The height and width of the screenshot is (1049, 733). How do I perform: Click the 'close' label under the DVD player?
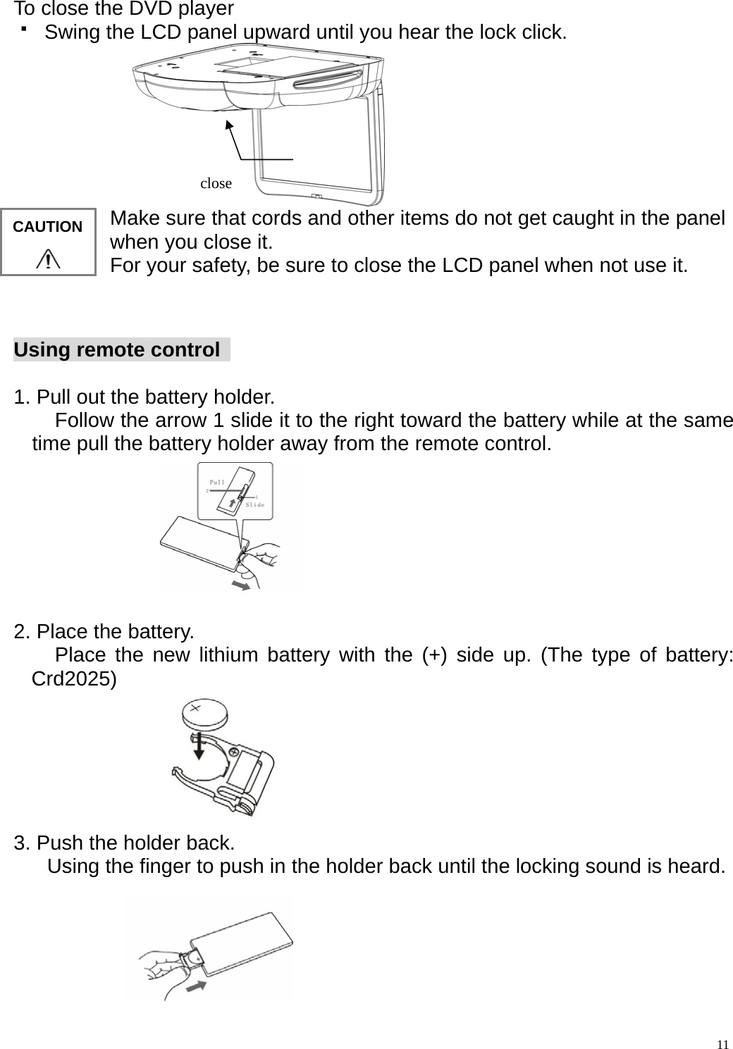pos(216,183)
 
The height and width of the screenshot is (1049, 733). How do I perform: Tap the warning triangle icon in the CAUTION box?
pos(48,259)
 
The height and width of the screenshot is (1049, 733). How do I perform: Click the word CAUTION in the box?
pos(48,227)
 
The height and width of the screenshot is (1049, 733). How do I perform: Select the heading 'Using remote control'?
pos(117,350)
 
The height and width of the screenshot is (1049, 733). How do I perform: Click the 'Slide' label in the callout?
pos(254,504)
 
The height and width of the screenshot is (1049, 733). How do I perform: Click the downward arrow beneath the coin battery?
pos(199,746)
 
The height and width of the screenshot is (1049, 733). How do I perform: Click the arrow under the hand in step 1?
pos(241,586)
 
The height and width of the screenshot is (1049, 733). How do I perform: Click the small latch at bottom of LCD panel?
pos(316,197)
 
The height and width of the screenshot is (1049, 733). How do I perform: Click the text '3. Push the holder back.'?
pos(125,843)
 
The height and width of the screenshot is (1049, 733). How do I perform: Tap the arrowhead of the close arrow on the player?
pos(228,124)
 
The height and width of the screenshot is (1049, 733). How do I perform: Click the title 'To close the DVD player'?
pos(124,9)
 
